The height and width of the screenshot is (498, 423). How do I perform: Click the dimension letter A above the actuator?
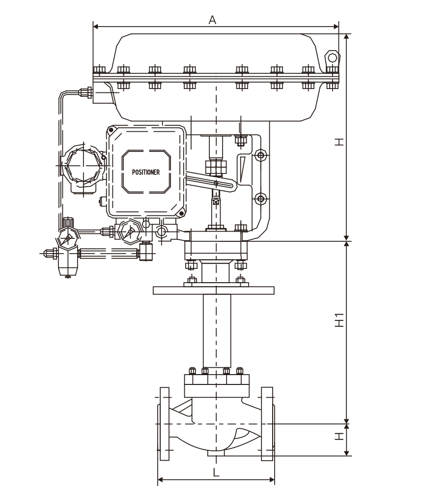[212, 20]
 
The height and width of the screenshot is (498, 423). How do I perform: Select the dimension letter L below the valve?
[216, 472]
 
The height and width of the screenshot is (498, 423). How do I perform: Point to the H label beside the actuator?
[339, 142]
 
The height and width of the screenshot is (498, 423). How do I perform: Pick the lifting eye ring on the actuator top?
[333, 58]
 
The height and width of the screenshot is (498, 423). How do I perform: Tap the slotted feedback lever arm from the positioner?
[211, 179]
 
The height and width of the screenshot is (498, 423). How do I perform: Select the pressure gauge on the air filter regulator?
[67, 238]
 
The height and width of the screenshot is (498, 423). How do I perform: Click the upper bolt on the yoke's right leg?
[261, 155]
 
